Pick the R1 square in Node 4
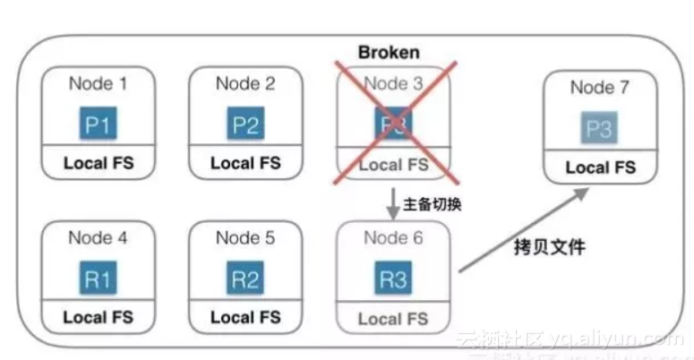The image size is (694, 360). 98,279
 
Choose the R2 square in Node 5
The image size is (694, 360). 245,279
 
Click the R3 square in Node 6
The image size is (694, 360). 393,279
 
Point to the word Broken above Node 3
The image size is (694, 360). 389,52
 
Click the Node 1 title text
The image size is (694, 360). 98,84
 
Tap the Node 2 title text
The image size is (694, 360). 245,84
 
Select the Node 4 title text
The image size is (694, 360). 98,238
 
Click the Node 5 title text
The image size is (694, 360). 245,238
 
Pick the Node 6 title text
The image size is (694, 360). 393,238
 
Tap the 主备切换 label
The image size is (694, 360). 433,203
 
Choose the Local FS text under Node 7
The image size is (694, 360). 600,167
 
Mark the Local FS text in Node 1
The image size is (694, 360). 98,164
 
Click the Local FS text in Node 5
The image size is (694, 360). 245,317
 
